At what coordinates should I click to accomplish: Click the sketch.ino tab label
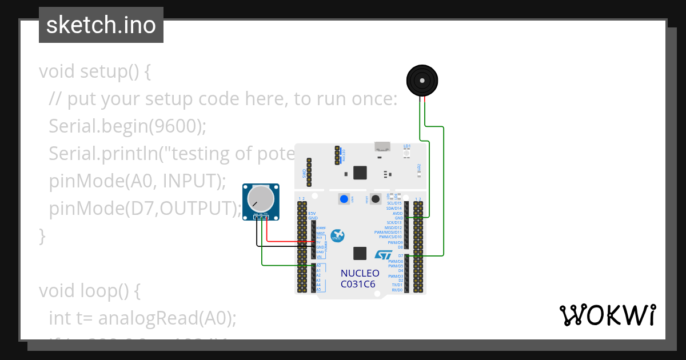pyautogui.click(x=101, y=25)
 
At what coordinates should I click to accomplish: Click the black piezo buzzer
pyautogui.click(x=422, y=81)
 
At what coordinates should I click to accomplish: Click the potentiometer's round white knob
pyautogui.click(x=261, y=198)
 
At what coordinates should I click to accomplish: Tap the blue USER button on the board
pyautogui.click(x=344, y=199)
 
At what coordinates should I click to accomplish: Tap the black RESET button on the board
pyautogui.click(x=376, y=199)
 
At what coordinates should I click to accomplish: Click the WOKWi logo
pyautogui.click(x=607, y=315)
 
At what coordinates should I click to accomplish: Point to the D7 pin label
pyautogui.click(x=401, y=256)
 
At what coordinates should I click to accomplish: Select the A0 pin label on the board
pyautogui.click(x=318, y=266)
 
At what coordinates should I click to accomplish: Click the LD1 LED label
pyautogui.click(x=407, y=146)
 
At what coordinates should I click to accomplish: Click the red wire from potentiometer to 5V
pyautogui.click(x=286, y=242)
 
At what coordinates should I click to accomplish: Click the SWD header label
pyautogui.click(x=304, y=173)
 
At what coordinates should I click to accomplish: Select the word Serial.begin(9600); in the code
pyautogui.click(x=127, y=126)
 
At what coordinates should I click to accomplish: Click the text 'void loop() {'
pyautogui.click(x=89, y=291)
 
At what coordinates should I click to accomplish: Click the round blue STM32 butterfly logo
pyautogui.click(x=338, y=235)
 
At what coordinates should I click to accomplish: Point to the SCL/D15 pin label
pyautogui.click(x=394, y=203)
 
